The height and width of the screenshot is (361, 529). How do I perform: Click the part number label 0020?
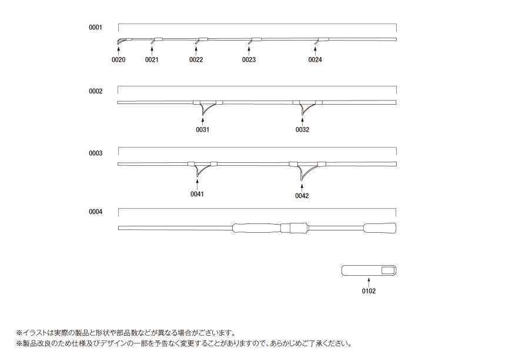(118, 60)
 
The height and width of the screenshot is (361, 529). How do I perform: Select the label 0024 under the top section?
(315, 60)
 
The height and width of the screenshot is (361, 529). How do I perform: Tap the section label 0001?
(95, 27)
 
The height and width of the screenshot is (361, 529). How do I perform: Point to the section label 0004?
(95, 212)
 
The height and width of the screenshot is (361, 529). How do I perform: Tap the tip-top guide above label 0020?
(122, 41)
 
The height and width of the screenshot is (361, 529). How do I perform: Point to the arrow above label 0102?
(369, 282)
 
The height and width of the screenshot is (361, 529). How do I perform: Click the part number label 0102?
(369, 291)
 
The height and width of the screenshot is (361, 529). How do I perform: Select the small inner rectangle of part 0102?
(388, 270)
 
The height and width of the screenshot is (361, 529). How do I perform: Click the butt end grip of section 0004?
(380, 228)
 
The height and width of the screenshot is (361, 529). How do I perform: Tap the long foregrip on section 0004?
(256, 228)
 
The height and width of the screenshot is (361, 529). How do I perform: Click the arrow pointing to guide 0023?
(249, 51)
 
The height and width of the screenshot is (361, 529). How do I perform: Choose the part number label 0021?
(152, 60)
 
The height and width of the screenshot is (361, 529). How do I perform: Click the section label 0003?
(95, 153)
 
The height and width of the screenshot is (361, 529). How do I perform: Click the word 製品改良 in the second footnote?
(36, 344)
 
